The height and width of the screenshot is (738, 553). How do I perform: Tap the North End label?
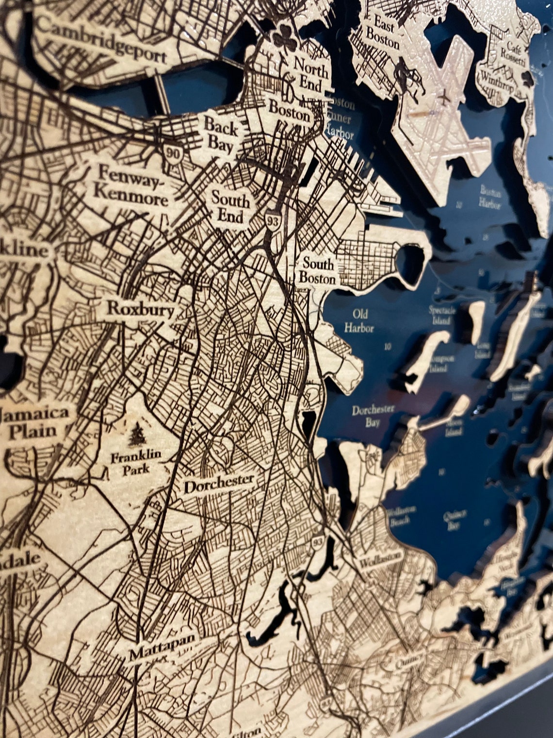[x=311, y=73]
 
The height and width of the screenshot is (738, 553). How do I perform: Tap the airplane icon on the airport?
[x=442, y=97]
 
